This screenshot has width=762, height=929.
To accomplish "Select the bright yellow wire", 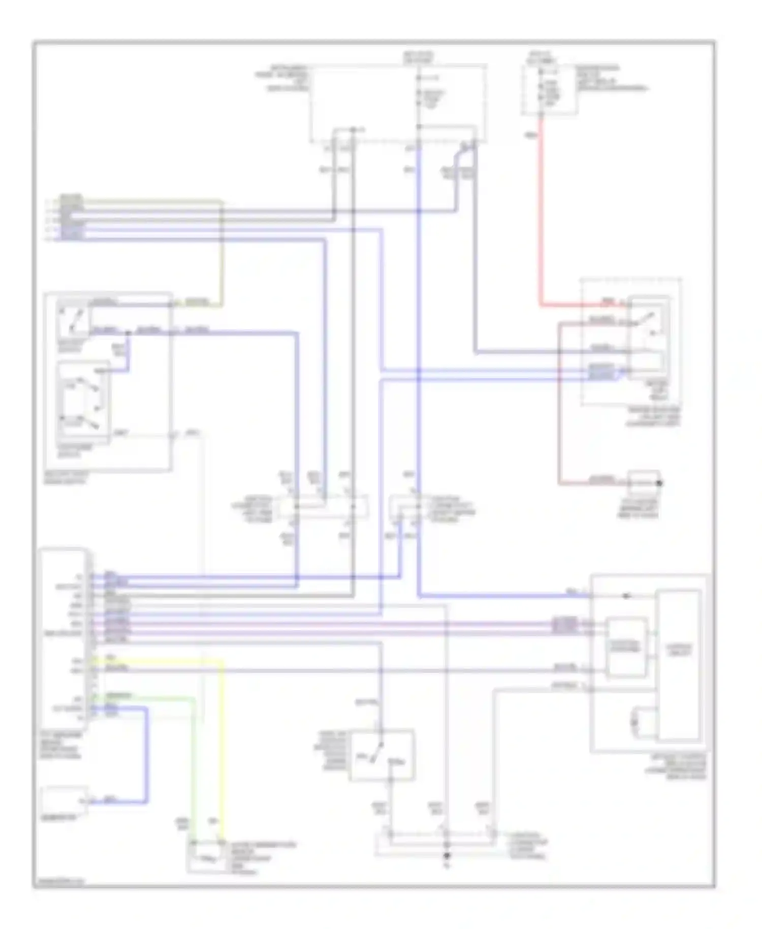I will point(222,737).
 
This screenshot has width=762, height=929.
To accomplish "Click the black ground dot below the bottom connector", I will point(447,856).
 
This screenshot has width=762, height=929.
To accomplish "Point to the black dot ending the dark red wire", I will point(659,483).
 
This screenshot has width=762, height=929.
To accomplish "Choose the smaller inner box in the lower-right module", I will point(627,647).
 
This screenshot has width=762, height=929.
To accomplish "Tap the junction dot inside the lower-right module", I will point(626,596).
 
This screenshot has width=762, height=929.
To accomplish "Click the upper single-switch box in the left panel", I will point(74,321).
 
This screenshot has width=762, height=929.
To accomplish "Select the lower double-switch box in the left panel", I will point(83,401).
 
